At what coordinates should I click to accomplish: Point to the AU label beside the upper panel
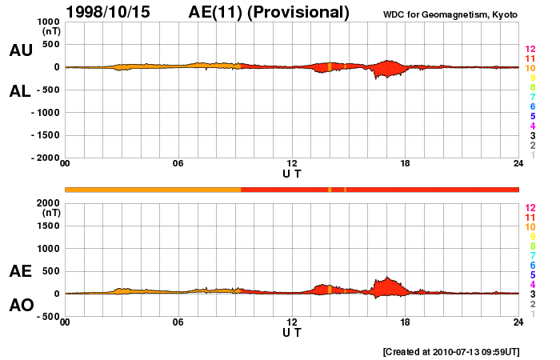click(21, 50)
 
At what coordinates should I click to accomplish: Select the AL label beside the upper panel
click(21, 91)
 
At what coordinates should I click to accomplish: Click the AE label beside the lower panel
click(21, 271)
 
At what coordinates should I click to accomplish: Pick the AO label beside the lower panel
click(21, 306)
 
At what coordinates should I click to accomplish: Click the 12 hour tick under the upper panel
click(292, 164)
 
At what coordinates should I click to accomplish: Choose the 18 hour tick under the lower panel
click(406, 322)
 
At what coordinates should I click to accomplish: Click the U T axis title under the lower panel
click(292, 333)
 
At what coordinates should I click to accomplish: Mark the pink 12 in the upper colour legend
click(530, 50)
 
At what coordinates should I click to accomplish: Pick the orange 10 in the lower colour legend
click(530, 226)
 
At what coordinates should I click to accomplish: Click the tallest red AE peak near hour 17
click(387, 279)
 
